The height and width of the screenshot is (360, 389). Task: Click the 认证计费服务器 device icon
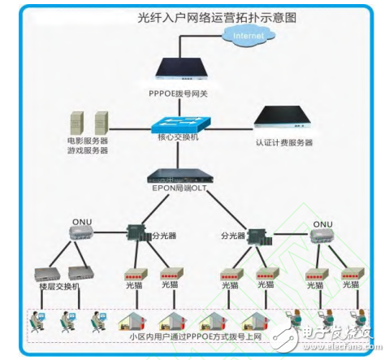coord(285,120)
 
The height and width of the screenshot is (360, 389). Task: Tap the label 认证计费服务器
coord(284,143)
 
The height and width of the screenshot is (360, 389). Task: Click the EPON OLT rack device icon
coord(183,176)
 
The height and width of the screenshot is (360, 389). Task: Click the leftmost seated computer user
coord(38,321)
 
